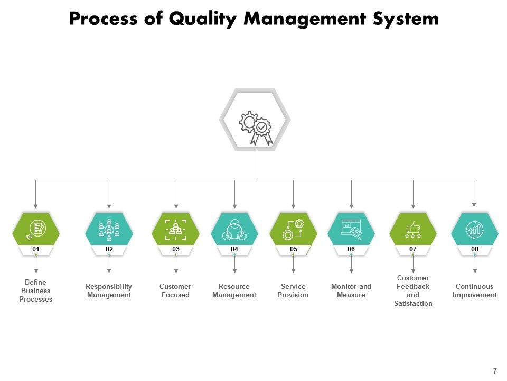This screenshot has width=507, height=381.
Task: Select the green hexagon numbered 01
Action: (x=36, y=229)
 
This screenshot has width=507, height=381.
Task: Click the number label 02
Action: (x=109, y=249)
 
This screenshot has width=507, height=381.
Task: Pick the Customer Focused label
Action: (x=175, y=291)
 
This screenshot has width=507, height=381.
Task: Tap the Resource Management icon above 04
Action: (x=234, y=229)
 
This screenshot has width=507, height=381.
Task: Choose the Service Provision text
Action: (x=293, y=291)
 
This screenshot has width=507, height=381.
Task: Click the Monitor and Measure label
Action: (x=351, y=291)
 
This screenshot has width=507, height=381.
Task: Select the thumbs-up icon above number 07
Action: (x=413, y=229)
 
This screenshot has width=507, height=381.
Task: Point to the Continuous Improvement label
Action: (x=474, y=291)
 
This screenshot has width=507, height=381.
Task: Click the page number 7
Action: (x=495, y=371)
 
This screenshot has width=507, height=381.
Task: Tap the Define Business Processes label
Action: (x=36, y=291)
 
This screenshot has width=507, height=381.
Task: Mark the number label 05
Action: (x=293, y=249)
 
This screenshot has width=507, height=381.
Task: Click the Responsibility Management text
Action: (x=109, y=291)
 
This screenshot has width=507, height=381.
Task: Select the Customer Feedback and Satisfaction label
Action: (x=413, y=291)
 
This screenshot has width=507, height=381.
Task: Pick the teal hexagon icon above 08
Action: (x=474, y=229)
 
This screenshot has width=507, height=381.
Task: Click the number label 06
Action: (x=351, y=249)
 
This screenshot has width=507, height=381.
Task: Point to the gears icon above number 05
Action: (x=293, y=229)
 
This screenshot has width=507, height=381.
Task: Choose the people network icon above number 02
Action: (x=109, y=229)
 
